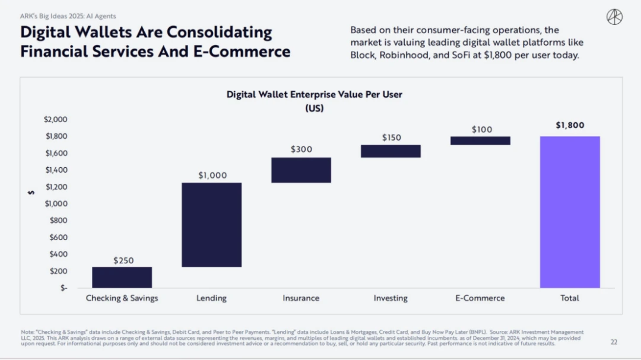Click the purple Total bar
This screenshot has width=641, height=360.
tap(570, 212)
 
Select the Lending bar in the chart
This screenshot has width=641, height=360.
tap(211, 224)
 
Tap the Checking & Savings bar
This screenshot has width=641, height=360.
tap(122, 277)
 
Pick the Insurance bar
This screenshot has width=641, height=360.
tap(301, 170)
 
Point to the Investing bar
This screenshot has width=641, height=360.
tap(391, 151)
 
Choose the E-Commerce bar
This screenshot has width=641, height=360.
tap(480, 141)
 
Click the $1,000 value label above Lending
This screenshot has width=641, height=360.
tap(212, 176)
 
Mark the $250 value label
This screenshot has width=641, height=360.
tap(123, 260)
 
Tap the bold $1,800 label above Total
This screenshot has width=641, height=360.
tap(570, 125)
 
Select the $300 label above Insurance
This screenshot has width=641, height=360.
tap(301, 149)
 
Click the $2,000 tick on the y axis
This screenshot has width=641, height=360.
tap(56, 119)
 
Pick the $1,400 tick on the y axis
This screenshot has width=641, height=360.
tap(56, 170)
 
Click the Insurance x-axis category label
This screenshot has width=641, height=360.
tap(301, 298)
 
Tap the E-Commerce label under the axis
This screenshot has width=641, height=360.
tap(480, 298)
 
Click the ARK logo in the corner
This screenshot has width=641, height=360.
tap(614, 17)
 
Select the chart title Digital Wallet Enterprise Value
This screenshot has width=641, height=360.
tap(315, 94)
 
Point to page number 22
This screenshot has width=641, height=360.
tap(614, 342)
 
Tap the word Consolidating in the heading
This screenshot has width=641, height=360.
tap(219, 31)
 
